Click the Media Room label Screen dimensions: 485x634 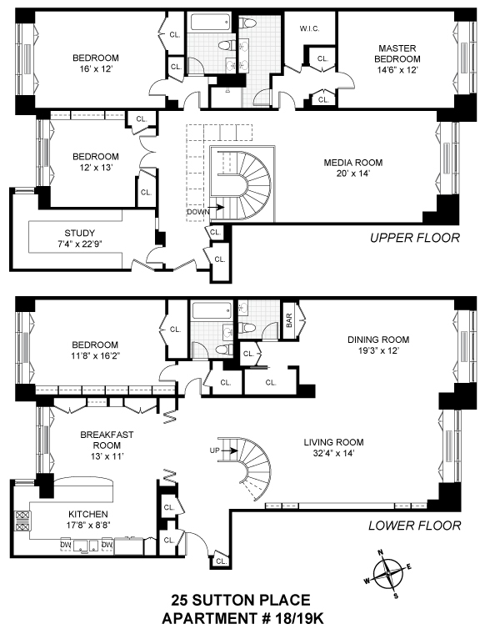353,163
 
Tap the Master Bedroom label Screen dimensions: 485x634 397,53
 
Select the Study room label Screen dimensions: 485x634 79,233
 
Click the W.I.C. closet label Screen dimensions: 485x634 310,28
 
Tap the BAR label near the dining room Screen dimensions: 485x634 289,320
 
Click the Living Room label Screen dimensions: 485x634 333,442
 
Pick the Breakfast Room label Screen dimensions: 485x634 107,440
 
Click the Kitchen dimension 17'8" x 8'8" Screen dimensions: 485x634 88,525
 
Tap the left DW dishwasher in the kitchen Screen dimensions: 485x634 66,545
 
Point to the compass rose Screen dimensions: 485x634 387,572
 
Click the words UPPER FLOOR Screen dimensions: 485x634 415,238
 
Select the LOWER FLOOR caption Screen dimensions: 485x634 415,526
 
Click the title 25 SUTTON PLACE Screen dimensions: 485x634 241,600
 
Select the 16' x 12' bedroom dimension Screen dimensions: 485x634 96,68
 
